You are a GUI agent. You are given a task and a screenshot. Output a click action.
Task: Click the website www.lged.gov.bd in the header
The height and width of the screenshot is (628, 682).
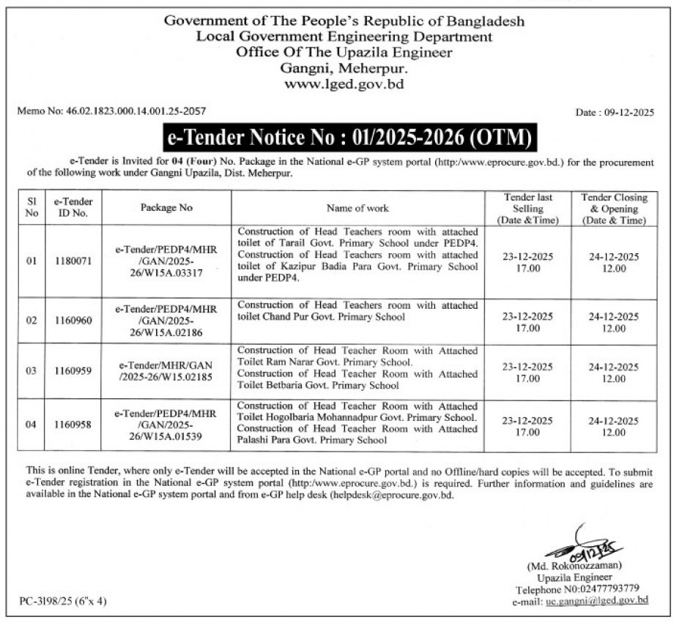[x=344, y=84]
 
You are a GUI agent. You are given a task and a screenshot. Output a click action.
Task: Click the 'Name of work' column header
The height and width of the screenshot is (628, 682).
[x=357, y=208]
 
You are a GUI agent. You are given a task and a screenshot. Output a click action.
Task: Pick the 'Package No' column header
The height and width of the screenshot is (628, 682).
[x=166, y=208]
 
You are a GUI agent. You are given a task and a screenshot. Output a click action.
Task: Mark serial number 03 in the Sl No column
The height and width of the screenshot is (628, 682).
[x=31, y=371]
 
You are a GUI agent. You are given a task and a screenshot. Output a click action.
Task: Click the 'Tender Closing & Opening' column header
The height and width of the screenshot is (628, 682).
[x=614, y=208]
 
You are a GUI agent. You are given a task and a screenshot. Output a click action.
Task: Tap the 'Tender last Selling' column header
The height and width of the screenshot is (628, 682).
[x=528, y=208]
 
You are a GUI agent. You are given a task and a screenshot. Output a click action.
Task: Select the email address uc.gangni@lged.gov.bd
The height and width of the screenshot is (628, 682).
[x=597, y=600]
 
